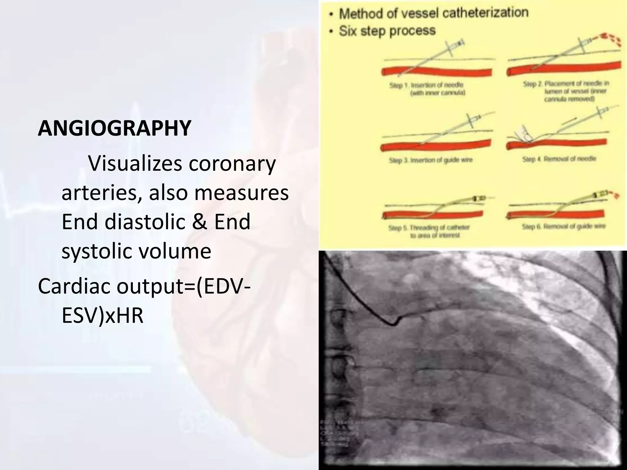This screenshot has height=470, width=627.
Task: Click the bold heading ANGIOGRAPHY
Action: (115, 128)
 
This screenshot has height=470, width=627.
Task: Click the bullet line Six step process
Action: (387, 31)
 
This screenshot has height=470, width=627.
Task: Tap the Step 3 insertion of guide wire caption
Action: (430, 160)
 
